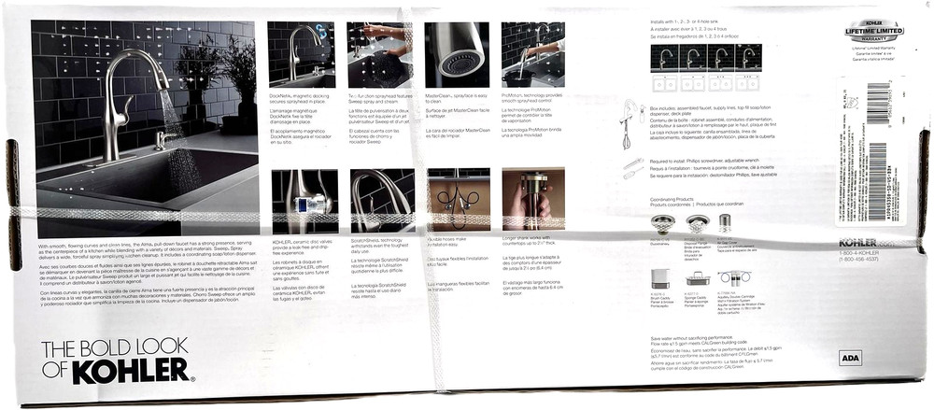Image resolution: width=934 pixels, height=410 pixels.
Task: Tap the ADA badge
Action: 851,358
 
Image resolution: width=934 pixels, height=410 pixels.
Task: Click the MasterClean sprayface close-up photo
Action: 457,55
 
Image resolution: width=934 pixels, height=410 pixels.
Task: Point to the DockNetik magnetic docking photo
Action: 301,55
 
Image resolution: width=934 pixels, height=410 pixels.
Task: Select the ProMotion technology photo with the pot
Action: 532,55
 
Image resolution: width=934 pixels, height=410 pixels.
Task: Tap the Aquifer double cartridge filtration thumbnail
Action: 732,277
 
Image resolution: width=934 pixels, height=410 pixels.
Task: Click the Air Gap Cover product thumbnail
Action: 725,222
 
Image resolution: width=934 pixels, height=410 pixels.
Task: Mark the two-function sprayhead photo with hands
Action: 379,55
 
